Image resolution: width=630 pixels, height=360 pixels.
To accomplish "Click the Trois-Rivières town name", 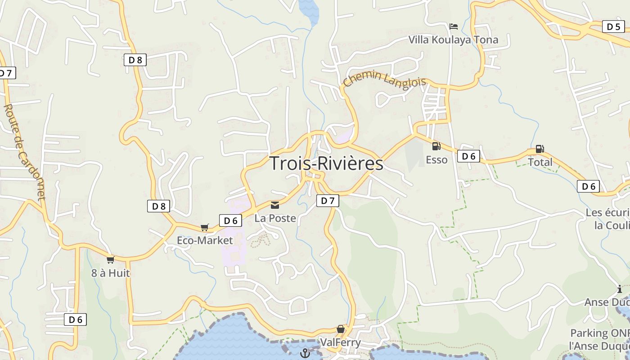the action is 326,163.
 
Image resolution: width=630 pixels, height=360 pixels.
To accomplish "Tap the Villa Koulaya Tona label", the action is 453,40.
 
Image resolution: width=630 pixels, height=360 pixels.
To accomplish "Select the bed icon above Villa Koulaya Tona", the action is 454,27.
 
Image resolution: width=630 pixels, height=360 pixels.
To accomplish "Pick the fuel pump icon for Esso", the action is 436,146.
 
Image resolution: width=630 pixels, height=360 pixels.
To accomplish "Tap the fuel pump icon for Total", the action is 540,149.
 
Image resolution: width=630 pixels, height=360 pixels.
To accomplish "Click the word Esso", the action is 436,160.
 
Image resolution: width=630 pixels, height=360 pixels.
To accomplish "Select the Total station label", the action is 540,162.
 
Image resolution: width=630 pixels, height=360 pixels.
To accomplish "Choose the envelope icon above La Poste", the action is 274,205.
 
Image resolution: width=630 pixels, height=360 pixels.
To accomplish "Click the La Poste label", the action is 275,218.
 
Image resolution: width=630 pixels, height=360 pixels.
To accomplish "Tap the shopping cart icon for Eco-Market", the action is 205,227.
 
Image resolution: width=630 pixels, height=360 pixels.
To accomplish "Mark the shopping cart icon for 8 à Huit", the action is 110,260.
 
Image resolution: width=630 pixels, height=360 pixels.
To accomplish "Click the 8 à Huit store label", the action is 110,273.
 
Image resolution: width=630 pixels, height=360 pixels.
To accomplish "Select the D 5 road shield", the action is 613,27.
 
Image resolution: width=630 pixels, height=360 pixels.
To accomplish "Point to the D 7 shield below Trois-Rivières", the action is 327,201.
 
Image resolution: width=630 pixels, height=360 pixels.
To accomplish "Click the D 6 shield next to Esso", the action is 468,156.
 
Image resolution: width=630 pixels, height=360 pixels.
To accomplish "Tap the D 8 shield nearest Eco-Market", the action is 158,207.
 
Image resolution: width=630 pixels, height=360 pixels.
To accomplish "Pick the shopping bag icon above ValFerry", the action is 341,329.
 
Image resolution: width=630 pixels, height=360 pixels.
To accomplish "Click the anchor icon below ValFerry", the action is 306,353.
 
